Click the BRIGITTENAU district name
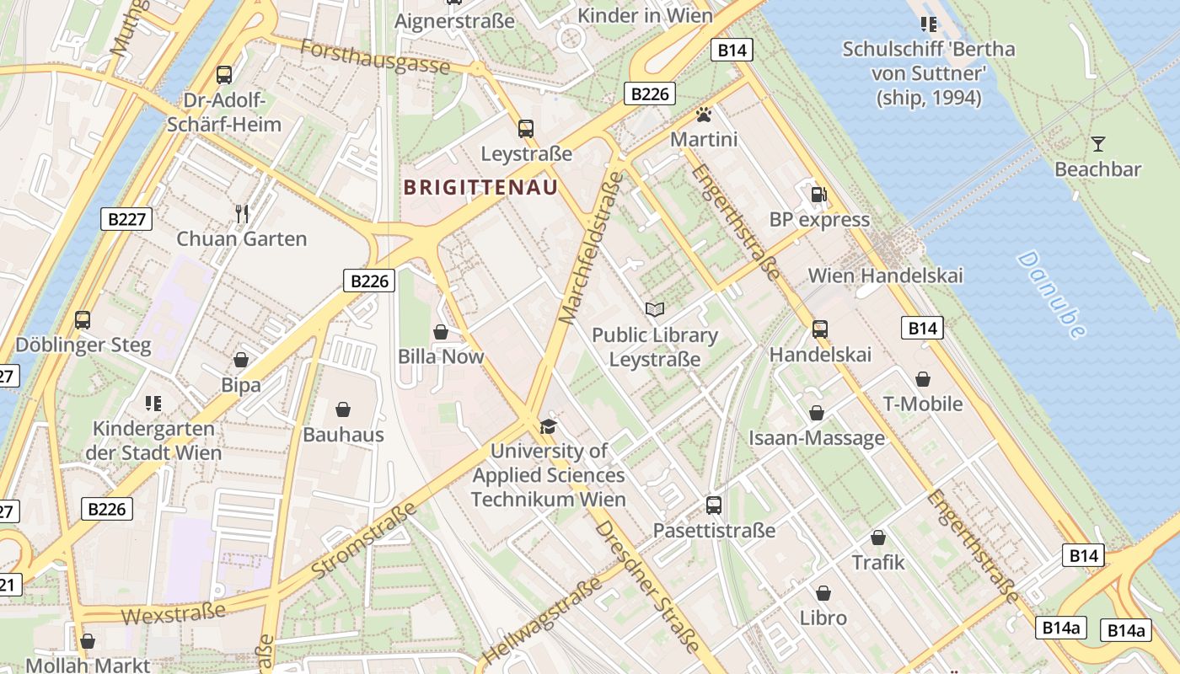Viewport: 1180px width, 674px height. click(480, 187)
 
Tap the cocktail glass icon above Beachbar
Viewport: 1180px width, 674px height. click(1097, 143)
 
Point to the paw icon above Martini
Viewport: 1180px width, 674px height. click(704, 114)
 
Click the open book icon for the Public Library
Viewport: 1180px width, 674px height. click(654, 309)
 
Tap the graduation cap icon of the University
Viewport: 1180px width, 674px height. click(548, 426)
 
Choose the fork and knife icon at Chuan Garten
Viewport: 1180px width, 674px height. click(242, 213)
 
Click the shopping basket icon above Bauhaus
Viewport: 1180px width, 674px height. click(343, 409)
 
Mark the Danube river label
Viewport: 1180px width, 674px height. click(1051, 295)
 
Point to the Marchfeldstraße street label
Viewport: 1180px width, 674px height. click(591, 248)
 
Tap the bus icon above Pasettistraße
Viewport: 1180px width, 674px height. click(714, 505)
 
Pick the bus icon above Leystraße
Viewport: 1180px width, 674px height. click(526, 129)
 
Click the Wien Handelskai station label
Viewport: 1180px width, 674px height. click(885, 275)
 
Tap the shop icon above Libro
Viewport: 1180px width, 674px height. click(823, 593)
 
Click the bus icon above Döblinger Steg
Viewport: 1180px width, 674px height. click(83, 320)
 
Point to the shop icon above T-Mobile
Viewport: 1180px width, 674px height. click(923, 379)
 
